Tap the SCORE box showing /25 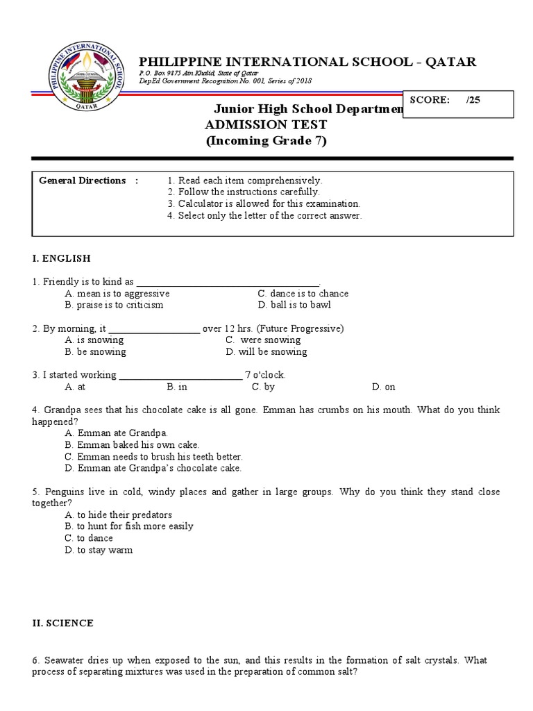[x=457, y=103]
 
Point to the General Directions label [x=83, y=181]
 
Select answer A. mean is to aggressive [x=117, y=294]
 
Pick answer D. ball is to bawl [x=294, y=305]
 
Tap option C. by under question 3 [x=263, y=387]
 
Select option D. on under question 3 [x=383, y=387]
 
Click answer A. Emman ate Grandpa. [x=116, y=433]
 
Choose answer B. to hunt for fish [x=128, y=526]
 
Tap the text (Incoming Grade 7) [x=266, y=141]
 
